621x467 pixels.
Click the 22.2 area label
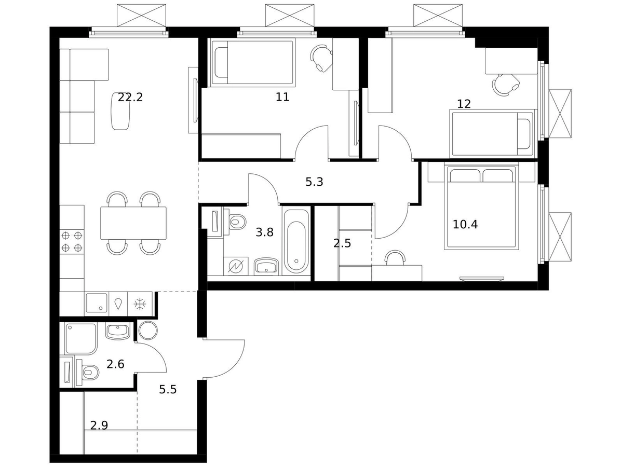(130, 97)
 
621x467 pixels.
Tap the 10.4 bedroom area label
(465, 225)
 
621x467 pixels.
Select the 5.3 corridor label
(314, 182)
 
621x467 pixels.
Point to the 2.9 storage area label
(99, 425)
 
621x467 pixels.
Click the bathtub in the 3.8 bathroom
(296, 241)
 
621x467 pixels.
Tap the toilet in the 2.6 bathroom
(87, 372)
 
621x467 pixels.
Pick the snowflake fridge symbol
(139, 304)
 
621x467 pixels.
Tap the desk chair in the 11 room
(321, 58)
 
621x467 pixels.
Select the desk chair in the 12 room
(505, 84)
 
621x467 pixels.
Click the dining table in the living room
(133, 223)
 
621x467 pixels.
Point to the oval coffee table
(121, 111)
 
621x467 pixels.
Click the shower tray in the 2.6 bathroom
(81, 338)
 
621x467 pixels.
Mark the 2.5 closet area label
(342, 243)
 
